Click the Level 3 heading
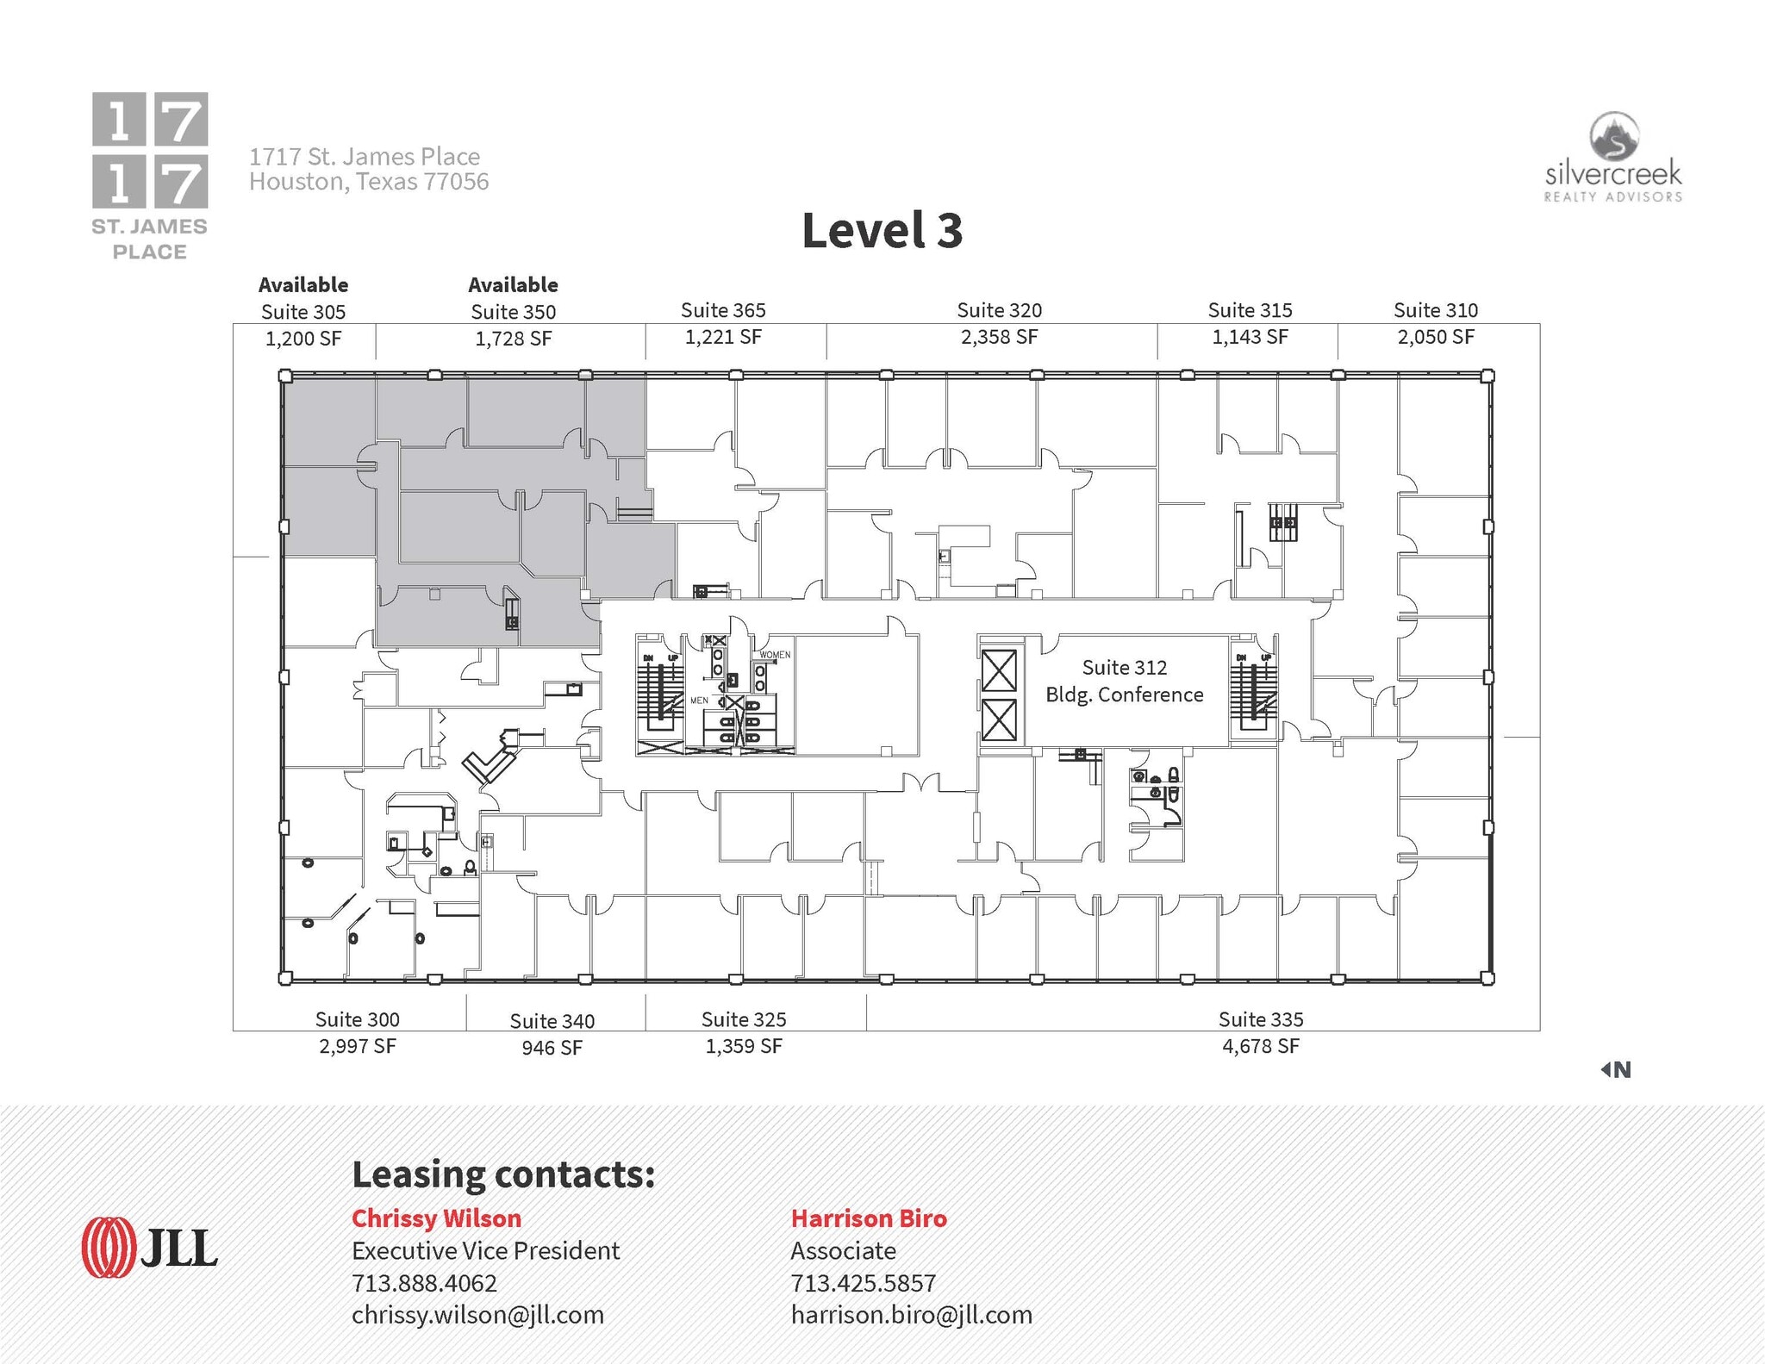point(882,231)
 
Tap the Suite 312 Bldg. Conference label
point(1124,681)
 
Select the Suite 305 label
point(303,312)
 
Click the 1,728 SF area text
point(513,339)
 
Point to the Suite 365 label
point(723,310)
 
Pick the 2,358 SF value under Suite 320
point(999,337)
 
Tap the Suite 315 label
point(1250,310)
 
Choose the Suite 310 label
point(1435,310)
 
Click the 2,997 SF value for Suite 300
point(357,1046)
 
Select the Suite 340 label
point(552,1021)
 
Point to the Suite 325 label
point(744,1019)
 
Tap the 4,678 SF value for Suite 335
point(1260,1046)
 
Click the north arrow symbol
point(1615,1069)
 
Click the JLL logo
point(149,1247)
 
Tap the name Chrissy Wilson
point(436,1218)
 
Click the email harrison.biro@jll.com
point(911,1315)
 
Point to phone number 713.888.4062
point(424,1283)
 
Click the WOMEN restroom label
point(774,655)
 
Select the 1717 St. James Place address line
point(365,157)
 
